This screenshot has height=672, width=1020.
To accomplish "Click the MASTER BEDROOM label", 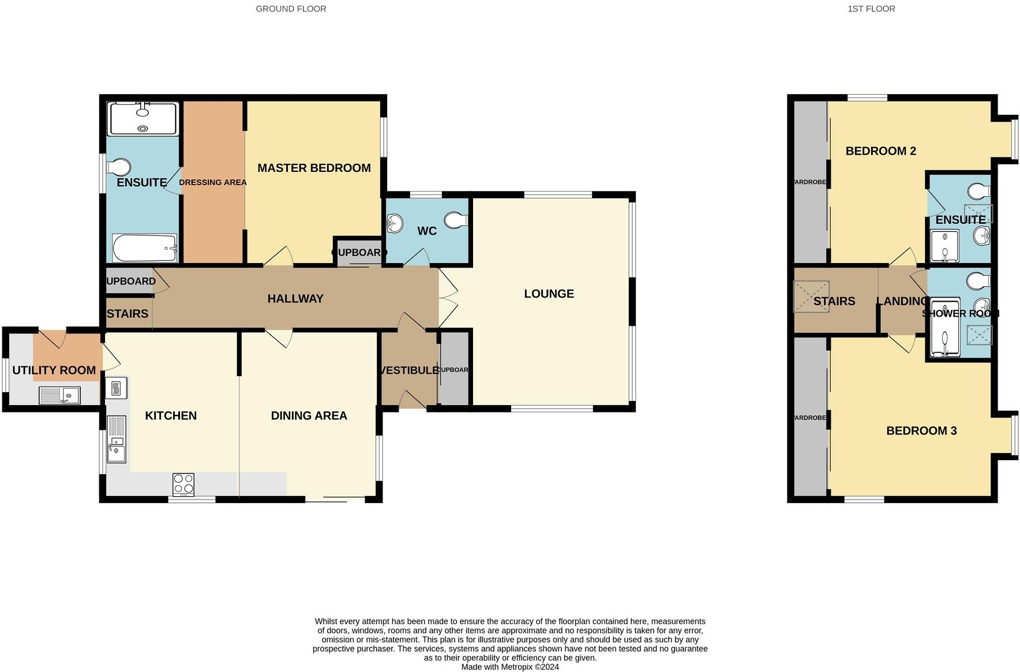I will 314,168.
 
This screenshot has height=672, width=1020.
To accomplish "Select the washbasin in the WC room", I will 395,223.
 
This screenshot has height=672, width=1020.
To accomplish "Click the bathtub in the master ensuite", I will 144,248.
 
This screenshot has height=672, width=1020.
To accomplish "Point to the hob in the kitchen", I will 183,484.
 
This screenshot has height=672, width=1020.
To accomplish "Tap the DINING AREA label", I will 309,415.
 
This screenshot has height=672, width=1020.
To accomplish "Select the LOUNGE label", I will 549,294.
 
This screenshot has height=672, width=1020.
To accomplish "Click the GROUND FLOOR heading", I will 291,9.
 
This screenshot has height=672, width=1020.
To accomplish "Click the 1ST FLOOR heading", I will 871,9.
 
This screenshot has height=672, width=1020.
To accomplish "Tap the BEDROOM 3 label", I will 921,431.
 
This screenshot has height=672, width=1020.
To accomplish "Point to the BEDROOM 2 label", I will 880,151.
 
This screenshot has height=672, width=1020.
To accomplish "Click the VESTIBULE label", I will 410,370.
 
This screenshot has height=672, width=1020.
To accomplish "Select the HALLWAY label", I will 295,299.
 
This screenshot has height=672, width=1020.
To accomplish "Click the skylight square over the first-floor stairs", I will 811,296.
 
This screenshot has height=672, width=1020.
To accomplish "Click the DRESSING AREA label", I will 212,182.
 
